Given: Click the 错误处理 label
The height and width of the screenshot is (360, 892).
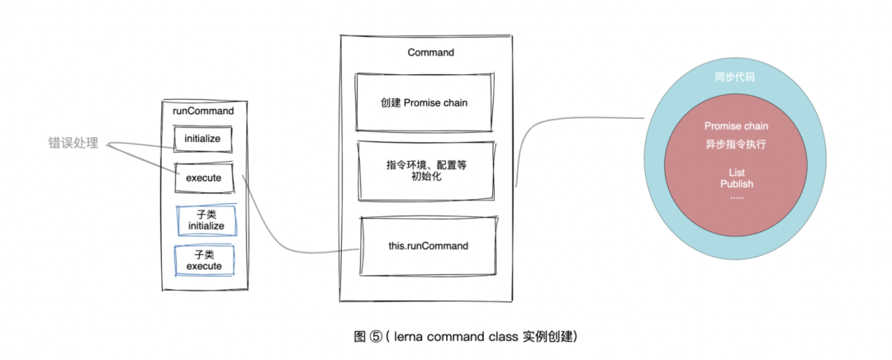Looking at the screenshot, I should coord(73,143).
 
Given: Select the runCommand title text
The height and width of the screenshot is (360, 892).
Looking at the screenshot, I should coord(203,110).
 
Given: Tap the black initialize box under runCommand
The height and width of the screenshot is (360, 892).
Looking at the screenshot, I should coord(203,139).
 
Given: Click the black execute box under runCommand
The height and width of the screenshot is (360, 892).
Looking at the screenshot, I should coord(203,177).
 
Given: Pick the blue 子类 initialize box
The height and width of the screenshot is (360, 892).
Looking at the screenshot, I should coord(206,220).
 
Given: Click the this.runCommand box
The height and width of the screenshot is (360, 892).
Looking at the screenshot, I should coord(428,245).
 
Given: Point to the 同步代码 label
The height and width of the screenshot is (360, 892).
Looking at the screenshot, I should coord(735,77).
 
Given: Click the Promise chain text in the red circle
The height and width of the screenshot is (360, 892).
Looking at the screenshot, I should coord(736,126).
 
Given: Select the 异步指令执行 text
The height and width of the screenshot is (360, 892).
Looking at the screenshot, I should coord(736,143).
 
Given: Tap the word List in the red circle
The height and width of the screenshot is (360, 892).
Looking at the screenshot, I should coord(736,171).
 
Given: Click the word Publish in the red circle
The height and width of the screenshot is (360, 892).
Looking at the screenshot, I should coord(736,183).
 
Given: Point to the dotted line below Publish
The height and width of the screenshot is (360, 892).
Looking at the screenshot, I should coord(736,197).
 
